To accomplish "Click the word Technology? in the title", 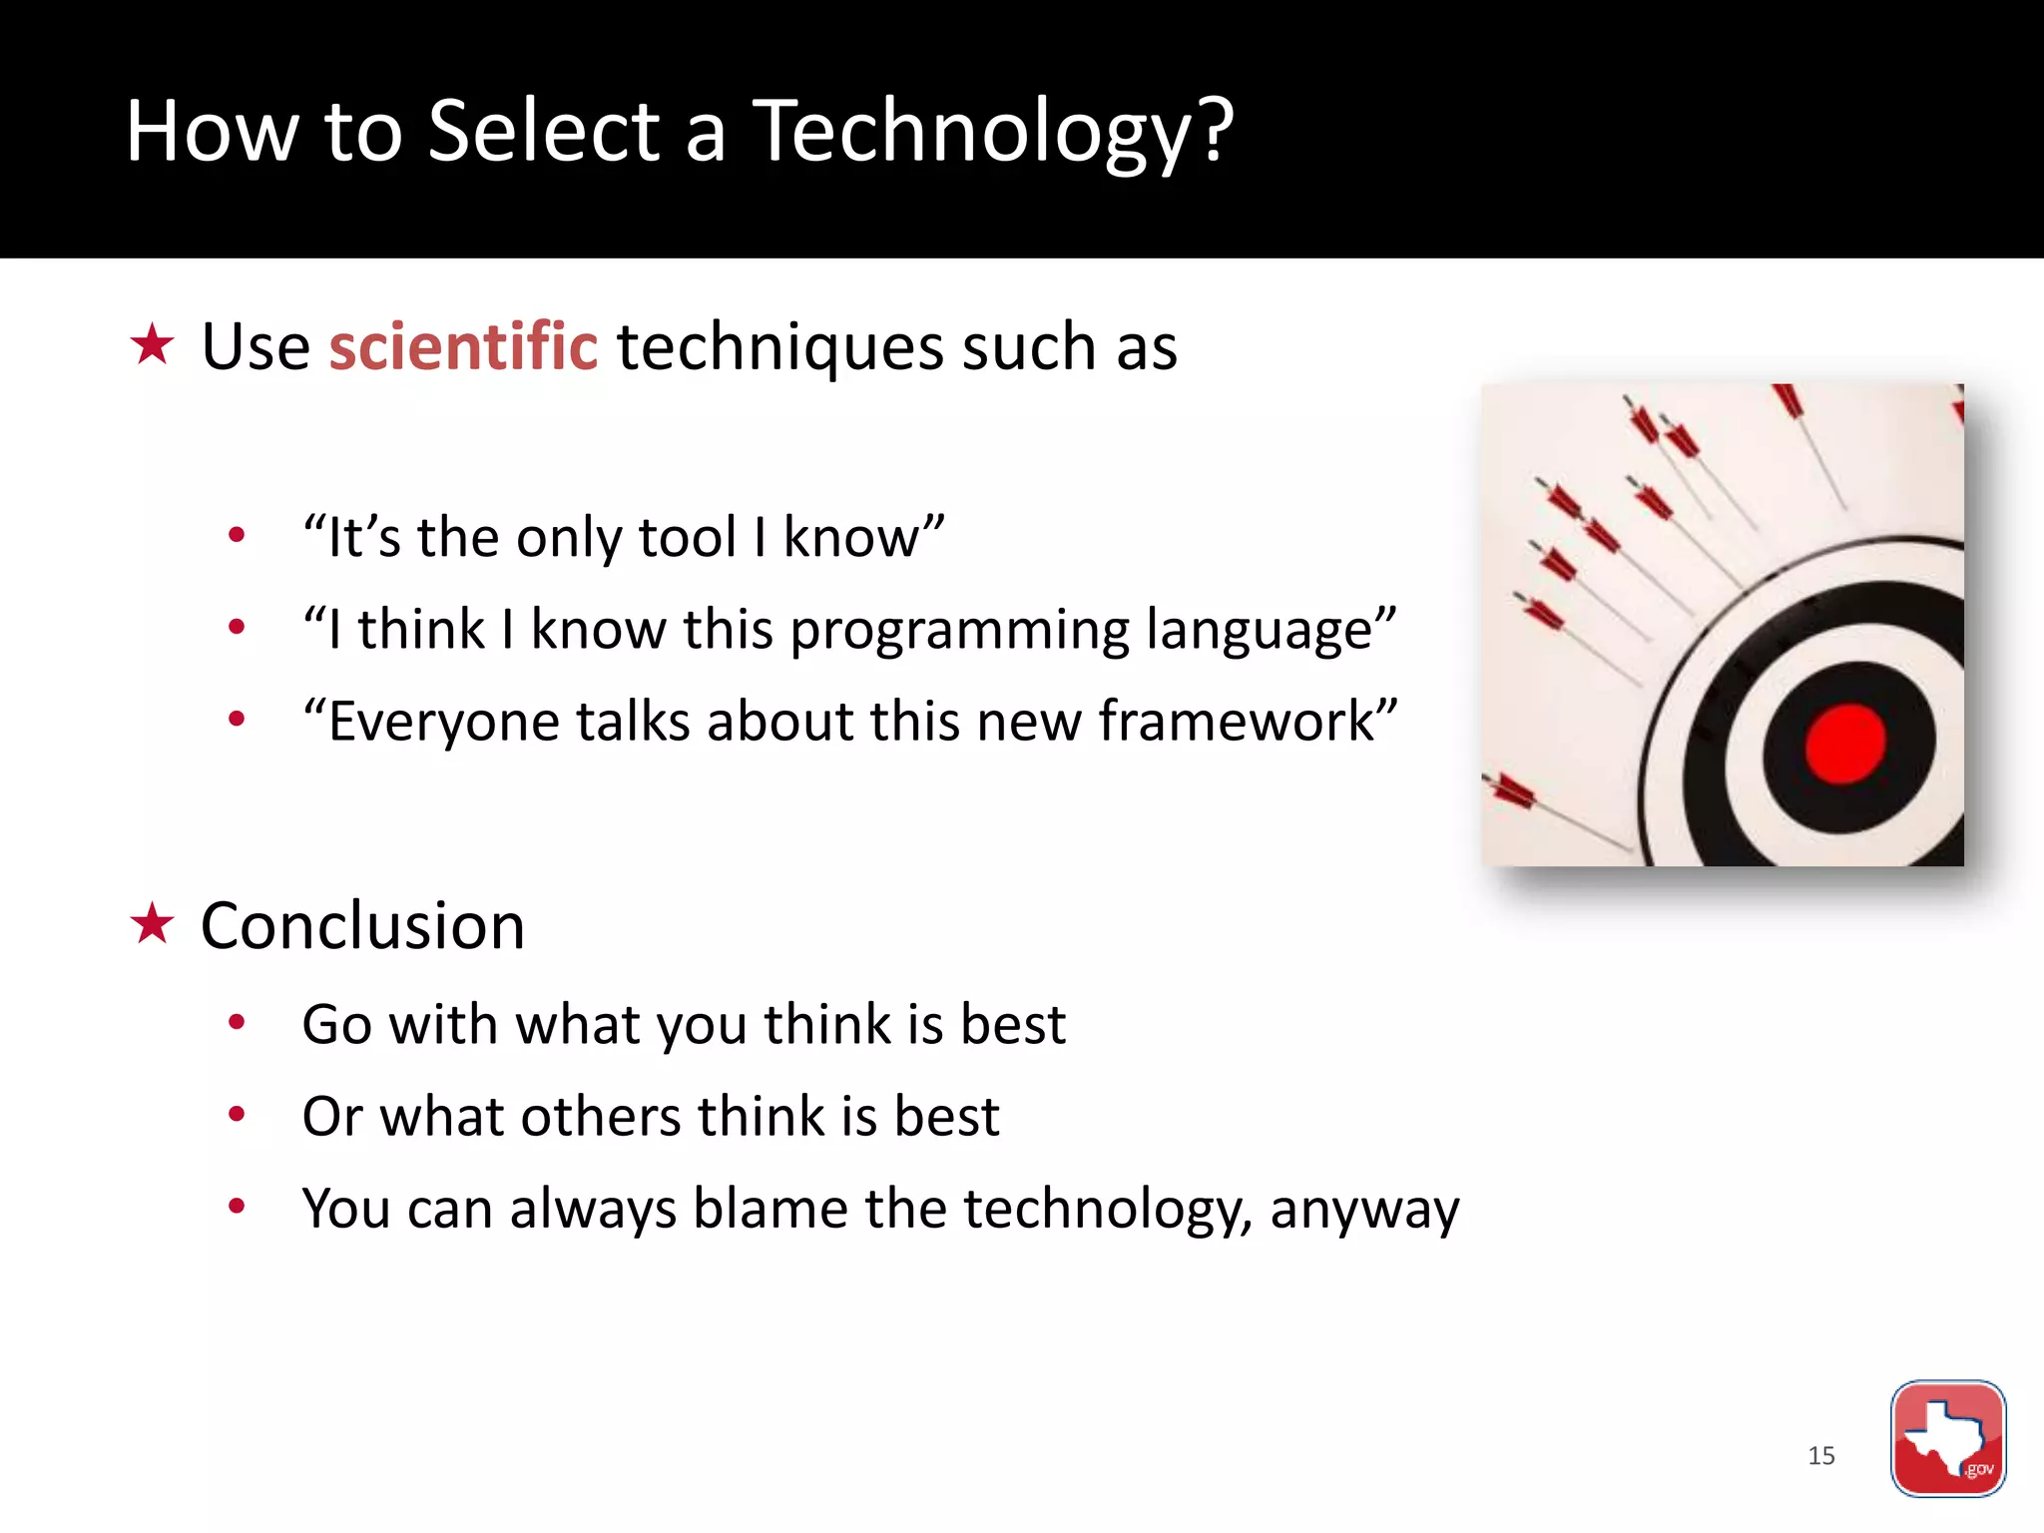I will [x=992, y=132].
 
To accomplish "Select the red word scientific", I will [x=463, y=346].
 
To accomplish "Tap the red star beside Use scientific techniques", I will [x=153, y=344].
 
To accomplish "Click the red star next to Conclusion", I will [x=153, y=923].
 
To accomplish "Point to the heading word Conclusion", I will [x=362, y=925].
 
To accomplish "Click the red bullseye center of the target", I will [x=1844, y=744].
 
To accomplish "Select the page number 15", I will [x=1820, y=1455].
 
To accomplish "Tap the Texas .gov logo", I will [x=1947, y=1438].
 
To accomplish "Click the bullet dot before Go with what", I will [x=237, y=1022].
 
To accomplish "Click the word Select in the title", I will [x=544, y=132].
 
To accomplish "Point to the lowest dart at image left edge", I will [x=1509, y=790].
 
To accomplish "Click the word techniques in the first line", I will [x=779, y=348].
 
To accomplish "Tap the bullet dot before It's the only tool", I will [x=237, y=536].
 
